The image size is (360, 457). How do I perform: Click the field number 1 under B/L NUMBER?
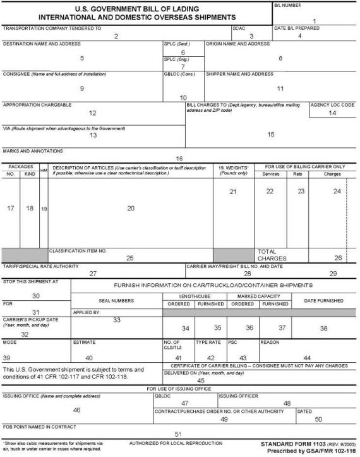(314, 21)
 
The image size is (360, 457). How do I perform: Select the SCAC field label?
(238, 28)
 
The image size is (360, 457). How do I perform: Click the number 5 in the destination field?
(82, 58)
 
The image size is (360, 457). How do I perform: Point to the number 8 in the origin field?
(280, 58)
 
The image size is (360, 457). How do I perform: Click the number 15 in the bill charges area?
(271, 134)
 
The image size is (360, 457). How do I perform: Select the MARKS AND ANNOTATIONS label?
(33, 151)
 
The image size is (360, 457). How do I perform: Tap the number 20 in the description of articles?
(131, 208)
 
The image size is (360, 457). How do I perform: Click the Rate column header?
(297, 174)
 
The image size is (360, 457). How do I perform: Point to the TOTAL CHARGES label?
(271, 255)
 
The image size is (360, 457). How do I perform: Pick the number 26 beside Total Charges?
(337, 258)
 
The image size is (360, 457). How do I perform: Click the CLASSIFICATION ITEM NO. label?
(78, 251)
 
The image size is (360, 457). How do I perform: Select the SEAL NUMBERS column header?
(117, 301)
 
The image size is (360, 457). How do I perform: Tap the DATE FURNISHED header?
(323, 301)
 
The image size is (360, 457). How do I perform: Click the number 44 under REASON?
(307, 358)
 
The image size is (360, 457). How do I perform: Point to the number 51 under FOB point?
(179, 434)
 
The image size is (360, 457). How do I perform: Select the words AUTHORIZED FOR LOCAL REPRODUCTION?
(175, 444)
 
